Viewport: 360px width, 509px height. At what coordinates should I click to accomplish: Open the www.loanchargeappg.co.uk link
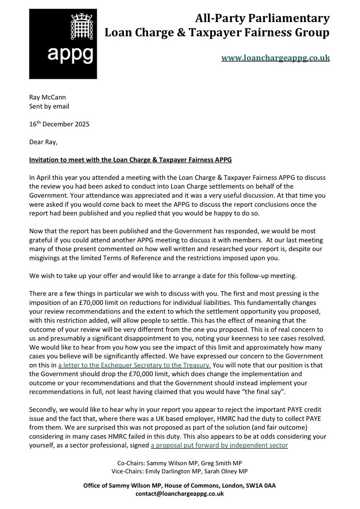pos(276,58)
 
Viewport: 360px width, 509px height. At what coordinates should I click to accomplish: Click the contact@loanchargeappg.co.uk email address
pos(180,494)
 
